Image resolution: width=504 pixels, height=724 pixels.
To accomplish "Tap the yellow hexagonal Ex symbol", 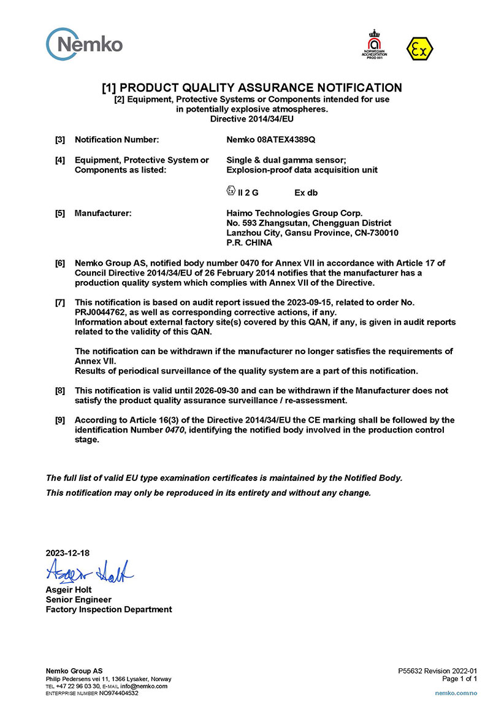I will pos(419,48).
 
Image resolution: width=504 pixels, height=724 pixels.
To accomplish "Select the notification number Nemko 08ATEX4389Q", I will pos(271,140).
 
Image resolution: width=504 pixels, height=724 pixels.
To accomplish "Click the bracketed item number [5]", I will pos(60,213).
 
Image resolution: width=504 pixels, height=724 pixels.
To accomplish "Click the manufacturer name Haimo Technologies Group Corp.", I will pos(290,213).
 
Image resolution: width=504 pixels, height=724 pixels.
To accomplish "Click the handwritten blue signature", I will pos(90,572).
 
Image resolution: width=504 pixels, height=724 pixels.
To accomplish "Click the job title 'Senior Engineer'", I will pos(78,599).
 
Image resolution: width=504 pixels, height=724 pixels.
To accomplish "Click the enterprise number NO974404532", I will pos(118,693).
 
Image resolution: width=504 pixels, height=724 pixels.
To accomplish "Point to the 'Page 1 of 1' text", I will pos(459,679).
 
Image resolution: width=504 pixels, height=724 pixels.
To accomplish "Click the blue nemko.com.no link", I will pos(456,693).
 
